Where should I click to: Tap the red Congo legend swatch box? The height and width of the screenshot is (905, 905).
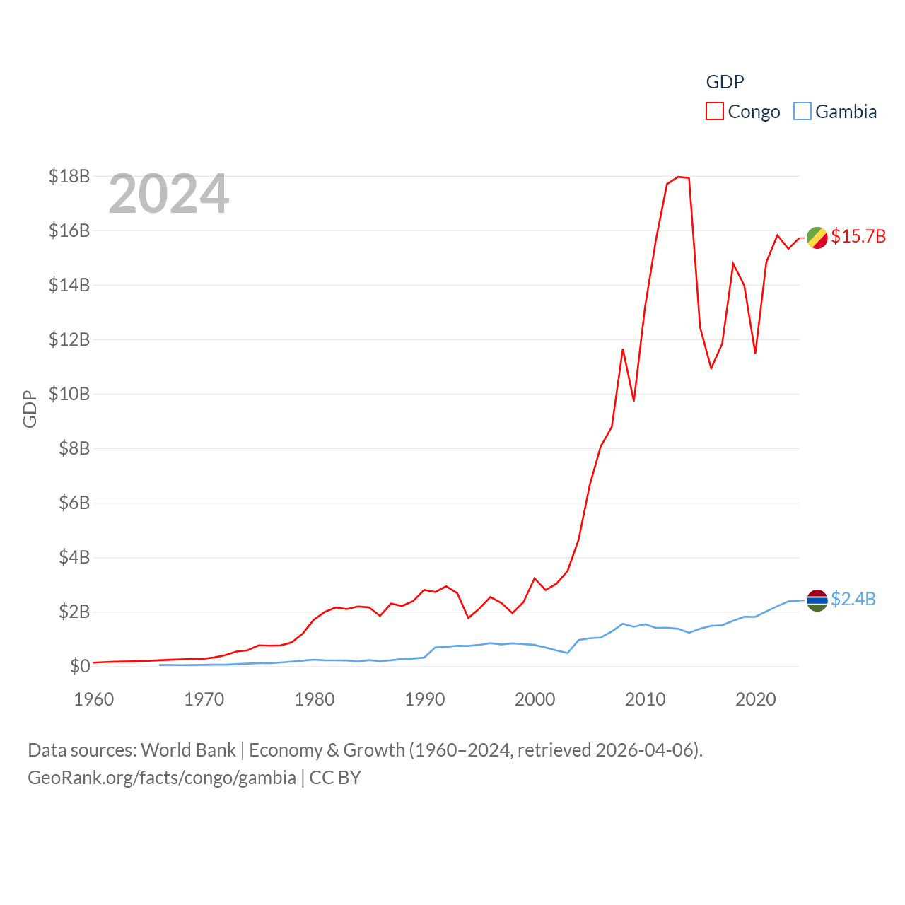[x=715, y=112]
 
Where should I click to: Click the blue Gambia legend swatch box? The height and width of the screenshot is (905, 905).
[x=802, y=112]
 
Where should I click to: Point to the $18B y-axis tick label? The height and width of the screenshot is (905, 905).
[x=69, y=176]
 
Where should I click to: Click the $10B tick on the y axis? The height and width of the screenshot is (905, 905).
[x=69, y=394]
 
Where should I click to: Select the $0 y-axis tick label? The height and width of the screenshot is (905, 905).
[x=80, y=666]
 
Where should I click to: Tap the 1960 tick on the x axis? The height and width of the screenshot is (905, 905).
[x=94, y=699]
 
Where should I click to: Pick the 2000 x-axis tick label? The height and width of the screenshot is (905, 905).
[x=535, y=699]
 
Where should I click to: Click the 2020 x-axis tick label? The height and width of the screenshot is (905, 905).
[x=756, y=699]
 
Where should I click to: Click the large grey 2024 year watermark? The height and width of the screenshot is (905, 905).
[x=169, y=194]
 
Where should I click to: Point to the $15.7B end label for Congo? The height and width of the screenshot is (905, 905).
[x=858, y=236]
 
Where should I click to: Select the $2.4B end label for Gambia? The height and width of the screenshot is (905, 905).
[x=853, y=599]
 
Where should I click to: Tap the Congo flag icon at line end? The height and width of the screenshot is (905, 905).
[x=817, y=238]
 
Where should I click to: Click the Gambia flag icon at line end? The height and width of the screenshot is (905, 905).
[x=817, y=600]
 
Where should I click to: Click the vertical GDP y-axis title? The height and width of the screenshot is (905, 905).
[x=30, y=409]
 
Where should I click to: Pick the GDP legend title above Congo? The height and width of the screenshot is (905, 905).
[x=725, y=82]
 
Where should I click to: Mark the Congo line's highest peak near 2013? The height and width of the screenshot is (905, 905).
[x=678, y=177]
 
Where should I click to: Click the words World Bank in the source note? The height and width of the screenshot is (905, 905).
[x=189, y=749]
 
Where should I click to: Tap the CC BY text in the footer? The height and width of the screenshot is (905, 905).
[x=335, y=778]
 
